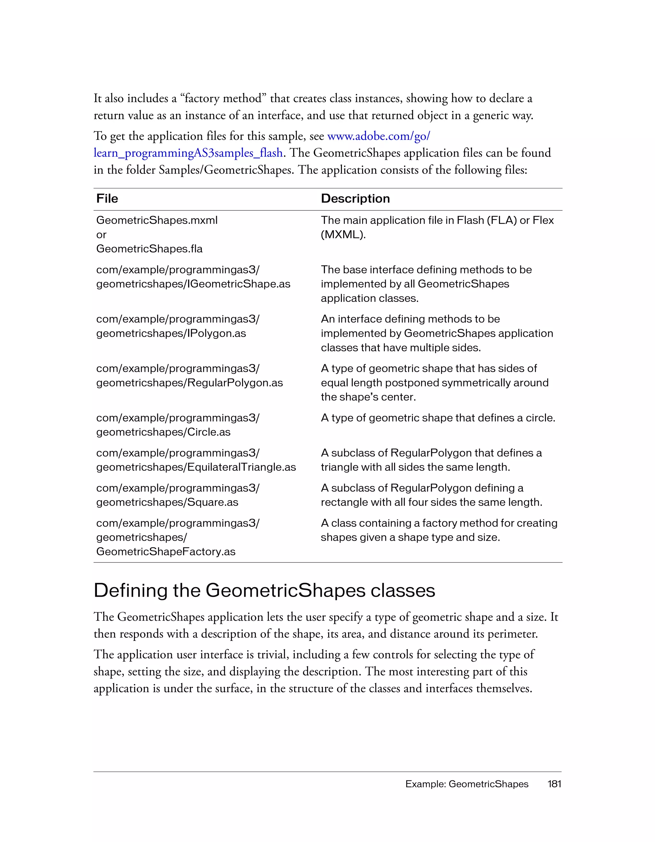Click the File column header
[107, 199]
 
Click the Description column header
[355, 199]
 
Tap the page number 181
[554, 784]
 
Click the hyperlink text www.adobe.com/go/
[378, 136]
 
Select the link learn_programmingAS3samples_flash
[188, 153]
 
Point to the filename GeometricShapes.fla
[149, 249]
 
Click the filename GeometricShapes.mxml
[156, 220]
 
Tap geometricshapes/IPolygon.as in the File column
[171, 333]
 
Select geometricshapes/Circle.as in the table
[163, 432]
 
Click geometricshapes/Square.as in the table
[167, 502]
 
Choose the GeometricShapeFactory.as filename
[166, 551]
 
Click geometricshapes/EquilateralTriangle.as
[196, 467]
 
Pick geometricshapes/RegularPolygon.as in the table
[189, 382]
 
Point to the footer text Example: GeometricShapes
[467, 784]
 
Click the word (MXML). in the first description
[343, 234]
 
